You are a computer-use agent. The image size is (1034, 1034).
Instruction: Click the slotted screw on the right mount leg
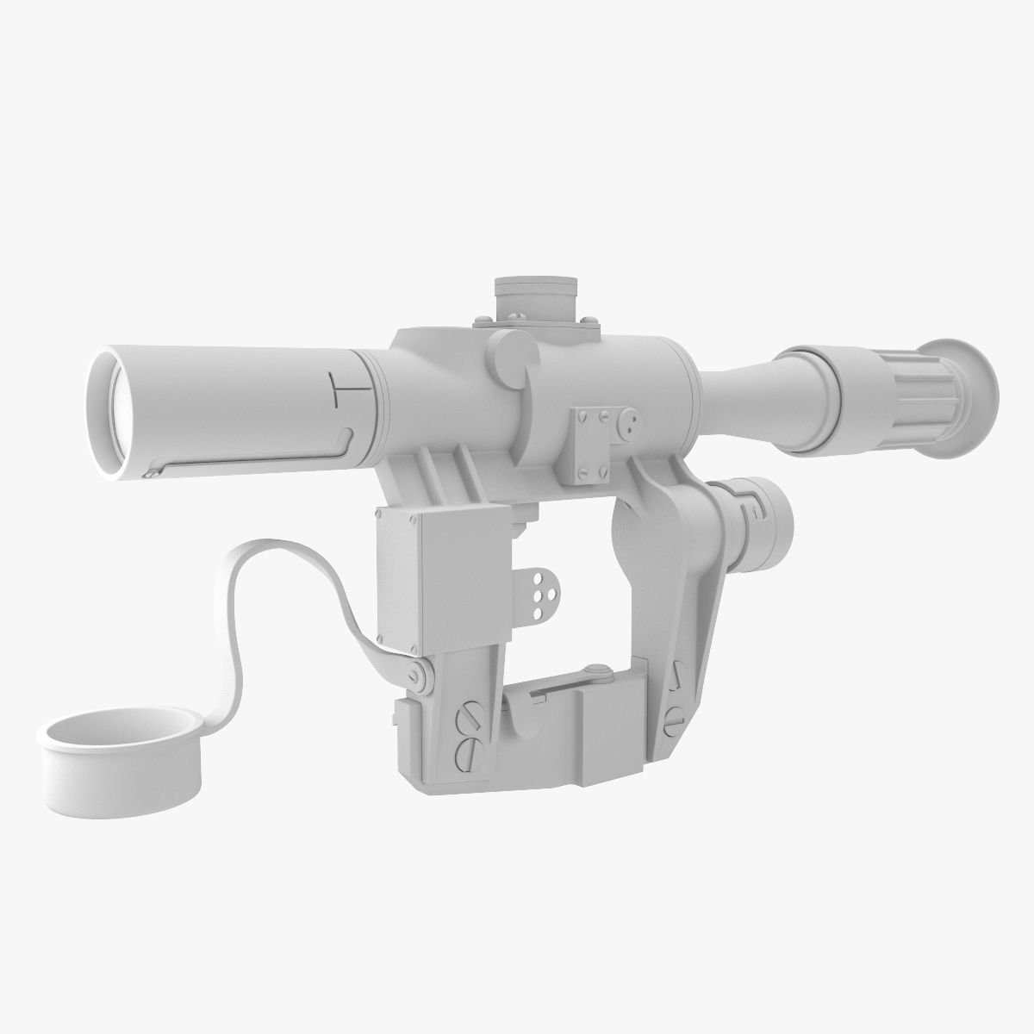[x=673, y=714]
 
